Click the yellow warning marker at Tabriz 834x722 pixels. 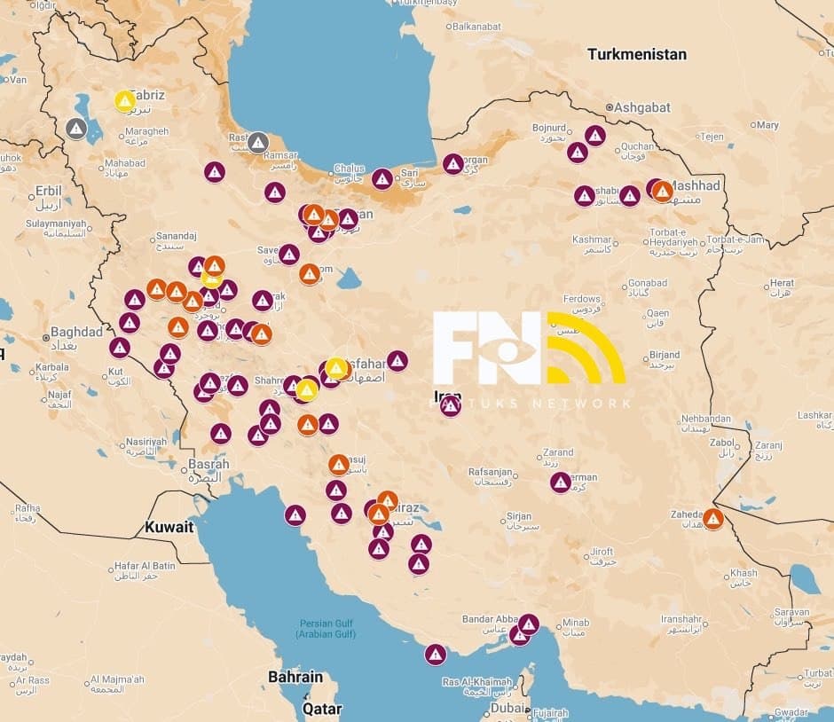pos(125,101)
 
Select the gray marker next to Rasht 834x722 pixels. pos(258,142)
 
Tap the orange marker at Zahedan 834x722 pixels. pos(713,519)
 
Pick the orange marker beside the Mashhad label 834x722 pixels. pos(662,192)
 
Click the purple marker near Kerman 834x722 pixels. pos(560,483)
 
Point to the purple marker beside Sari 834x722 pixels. pos(382,179)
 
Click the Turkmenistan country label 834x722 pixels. pos(636,54)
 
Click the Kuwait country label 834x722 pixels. pos(169,527)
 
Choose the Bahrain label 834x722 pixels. pos(295,677)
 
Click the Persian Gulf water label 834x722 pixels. pos(327,628)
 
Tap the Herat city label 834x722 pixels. pos(782,283)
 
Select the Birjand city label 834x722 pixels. pos(665,355)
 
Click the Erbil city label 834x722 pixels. pos(49,191)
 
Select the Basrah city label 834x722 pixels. pos(208,464)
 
